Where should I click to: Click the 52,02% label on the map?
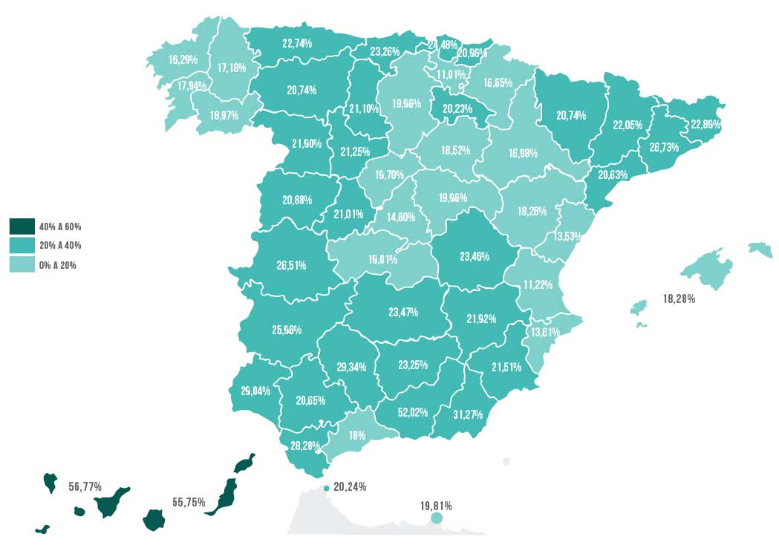click(x=413, y=412)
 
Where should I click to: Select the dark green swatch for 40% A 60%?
click(x=22, y=226)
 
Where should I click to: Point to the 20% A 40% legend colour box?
click(x=22, y=245)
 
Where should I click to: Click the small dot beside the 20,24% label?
click(x=327, y=488)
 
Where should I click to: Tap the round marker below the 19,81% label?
click(x=436, y=518)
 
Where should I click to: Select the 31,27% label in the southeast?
click(x=467, y=414)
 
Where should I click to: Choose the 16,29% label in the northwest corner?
click(x=183, y=59)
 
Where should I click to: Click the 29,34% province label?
click(x=351, y=368)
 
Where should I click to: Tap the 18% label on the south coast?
click(x=356, y=436)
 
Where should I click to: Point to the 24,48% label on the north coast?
click(x=442, y=45)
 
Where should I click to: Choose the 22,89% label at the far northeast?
click(x=705, y=124)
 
